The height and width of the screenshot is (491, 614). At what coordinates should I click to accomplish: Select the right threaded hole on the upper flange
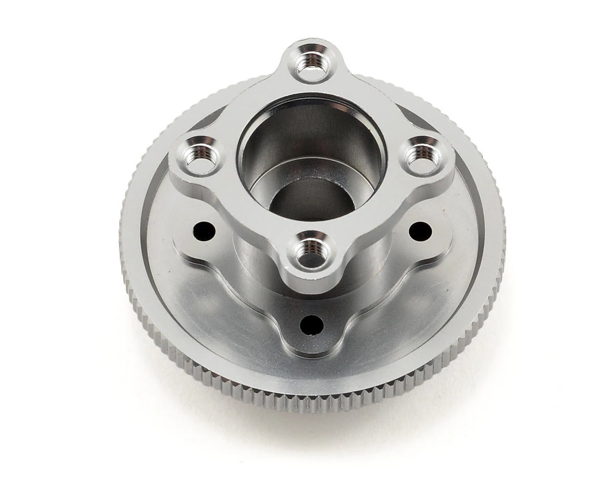tap(422, 155)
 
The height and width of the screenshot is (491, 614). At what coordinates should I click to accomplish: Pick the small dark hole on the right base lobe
tap(420, 231)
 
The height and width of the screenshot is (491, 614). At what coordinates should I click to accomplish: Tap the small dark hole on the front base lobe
tap(312, 324)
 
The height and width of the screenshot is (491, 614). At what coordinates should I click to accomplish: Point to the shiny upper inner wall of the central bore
tap(312, 128)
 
